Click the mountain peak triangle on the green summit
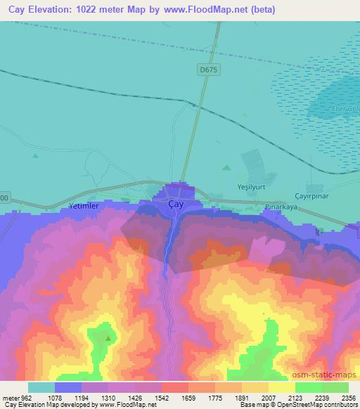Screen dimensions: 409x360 108,338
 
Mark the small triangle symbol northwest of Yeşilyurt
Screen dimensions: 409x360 226,167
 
